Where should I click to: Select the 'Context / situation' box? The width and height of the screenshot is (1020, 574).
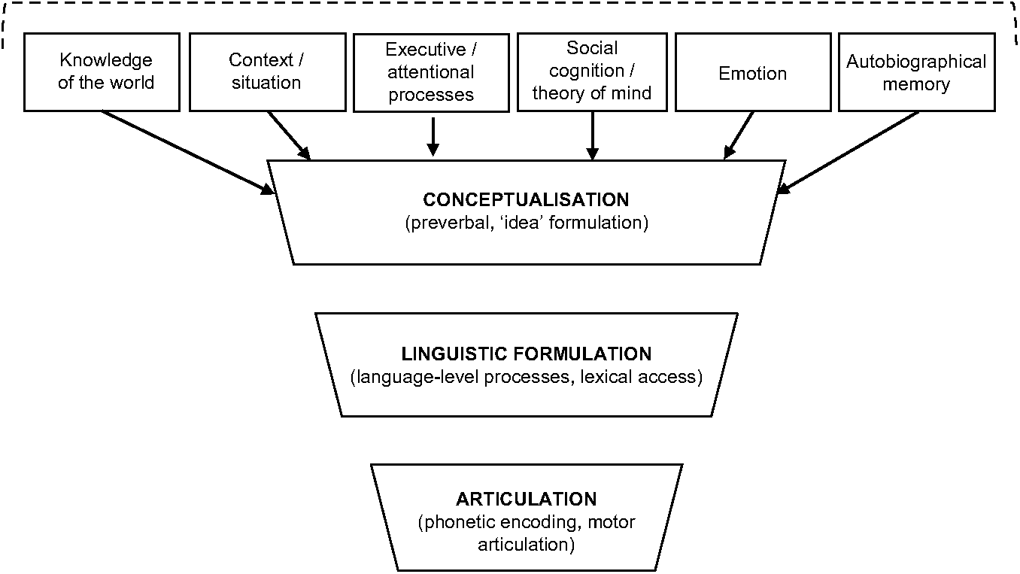click(266, 71)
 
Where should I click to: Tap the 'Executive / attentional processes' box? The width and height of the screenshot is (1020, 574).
click(431, 72)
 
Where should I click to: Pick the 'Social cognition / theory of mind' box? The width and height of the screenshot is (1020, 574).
click(592, 71)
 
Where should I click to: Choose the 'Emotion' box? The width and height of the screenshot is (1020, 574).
click(752, 73)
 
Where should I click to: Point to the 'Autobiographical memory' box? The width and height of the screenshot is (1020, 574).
click(915, 72)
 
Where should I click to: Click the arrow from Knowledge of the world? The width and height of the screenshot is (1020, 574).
click(188, 153)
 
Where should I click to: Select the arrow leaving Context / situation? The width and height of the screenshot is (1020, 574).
click(289, 135)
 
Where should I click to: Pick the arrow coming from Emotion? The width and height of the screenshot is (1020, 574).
click(739, 135)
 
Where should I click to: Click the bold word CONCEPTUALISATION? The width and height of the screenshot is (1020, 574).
click(526, 200)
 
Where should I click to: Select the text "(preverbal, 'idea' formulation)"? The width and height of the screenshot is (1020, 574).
click(526, 223)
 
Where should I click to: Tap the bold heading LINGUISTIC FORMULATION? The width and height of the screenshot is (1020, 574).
click(526, 354)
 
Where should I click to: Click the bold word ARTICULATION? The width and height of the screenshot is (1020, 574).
click(526, 500)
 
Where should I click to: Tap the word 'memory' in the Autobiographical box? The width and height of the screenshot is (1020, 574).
click(915, 84)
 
